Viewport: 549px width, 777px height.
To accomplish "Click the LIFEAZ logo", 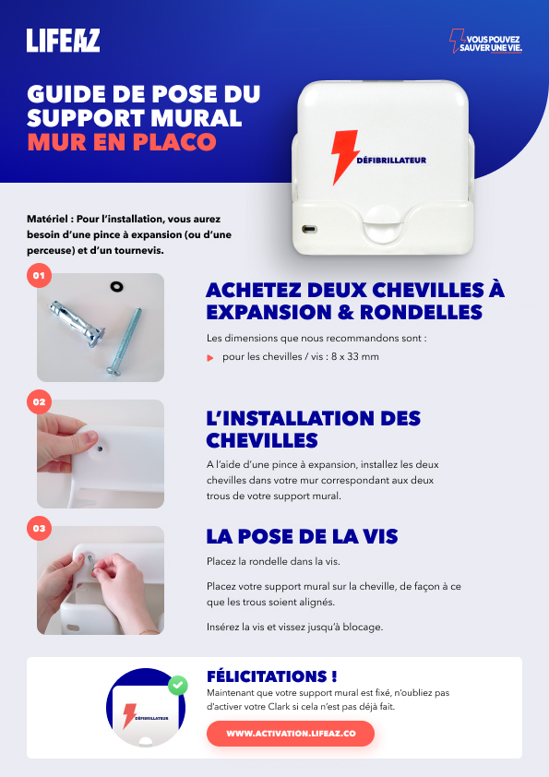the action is pyautogui.click(x=63, y=40).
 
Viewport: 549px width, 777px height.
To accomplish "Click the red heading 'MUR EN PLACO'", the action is pyautogui.click(x=122, y=142).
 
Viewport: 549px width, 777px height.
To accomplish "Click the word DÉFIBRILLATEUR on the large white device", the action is pyautogui.click(x=391, y=160).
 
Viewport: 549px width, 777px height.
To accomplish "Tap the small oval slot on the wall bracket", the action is pyautogui.click(x=309, y=230).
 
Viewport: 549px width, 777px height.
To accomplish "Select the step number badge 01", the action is pyautogui.click(x=39, y=276).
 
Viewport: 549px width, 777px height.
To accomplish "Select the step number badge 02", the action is pyautogui.click(x=39, y=401).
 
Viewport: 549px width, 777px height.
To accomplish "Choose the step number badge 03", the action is pyautogui.click(x=39, y=528).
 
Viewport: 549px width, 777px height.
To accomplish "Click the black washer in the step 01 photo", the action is pyautogui.click(x=116, y=286).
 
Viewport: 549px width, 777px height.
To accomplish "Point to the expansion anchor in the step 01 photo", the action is pyautogui.click(x=77, y=324).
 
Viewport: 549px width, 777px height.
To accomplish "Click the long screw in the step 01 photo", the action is pyautogui.click(x=125, y=341).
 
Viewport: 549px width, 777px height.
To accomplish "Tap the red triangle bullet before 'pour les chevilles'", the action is pyautogui.click(x=210, y=358).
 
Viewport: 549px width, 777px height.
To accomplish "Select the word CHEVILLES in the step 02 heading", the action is pyautogui.click(x=262, y=440).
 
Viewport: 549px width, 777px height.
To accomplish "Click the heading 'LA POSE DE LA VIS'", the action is pyautogui.click(x=303, y=536).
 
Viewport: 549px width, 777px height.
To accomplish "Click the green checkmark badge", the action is pyautogui.click(x=178, y=686).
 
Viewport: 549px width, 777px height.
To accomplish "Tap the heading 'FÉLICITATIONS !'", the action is pyautogui.click(x=272, y=676).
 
